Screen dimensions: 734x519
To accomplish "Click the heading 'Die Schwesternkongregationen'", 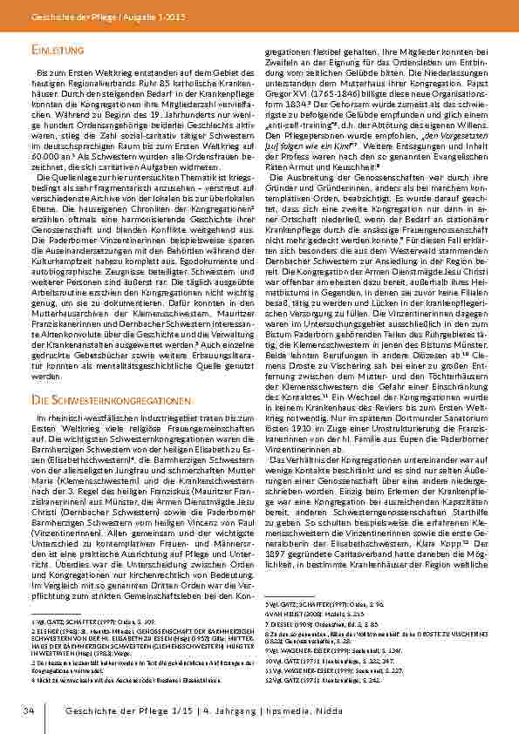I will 92,399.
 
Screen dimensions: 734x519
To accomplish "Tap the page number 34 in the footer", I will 28,713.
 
